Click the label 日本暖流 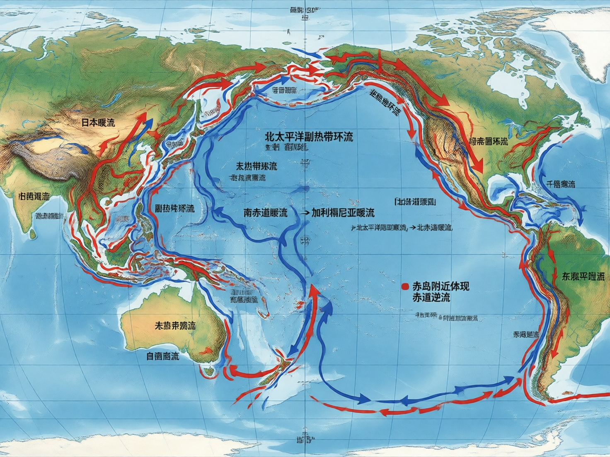[x=98, y=123]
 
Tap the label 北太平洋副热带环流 [x=309, y=137]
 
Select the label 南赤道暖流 [x=265, y=213]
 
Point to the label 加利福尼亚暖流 [x=343, y=213]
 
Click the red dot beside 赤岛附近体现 [x=405, y=286]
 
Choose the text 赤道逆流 [x=431, y=297]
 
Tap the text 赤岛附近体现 [x=441, y=286]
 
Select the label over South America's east [x=583, y=277]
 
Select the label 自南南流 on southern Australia [x=162, y=356]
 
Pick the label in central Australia [x=175, y=325]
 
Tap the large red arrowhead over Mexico [x=479, y=168]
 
